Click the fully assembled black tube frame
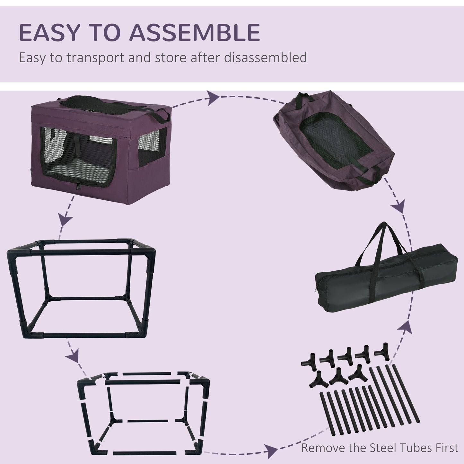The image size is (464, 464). (x=80, y=289)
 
